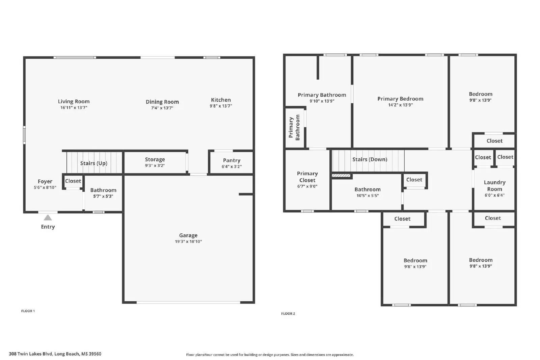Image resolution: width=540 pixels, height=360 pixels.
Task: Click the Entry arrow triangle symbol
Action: (x=48, y=218)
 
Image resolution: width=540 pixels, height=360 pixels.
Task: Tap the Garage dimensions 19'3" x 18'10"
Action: (x=188, y=241)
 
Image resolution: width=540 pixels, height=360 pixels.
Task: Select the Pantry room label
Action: (x=232, y=160)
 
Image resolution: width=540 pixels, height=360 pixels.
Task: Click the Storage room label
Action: (x=155, y=159)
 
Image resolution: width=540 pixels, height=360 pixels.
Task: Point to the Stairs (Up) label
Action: (x=94, y=163)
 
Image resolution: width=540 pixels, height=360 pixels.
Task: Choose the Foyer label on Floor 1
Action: (x=45, y=181)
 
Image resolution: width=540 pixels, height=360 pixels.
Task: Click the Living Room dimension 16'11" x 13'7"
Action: (x=74, y=108)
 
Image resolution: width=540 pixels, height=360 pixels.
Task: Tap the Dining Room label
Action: (x=162, y=102)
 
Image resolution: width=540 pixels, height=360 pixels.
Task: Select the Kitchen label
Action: (x=221, y=100)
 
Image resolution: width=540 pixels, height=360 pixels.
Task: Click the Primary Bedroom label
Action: (x=400, y=99)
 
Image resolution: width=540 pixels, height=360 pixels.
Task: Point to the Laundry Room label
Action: (x=494, y=185)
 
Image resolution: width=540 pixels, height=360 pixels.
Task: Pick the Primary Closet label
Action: (x=307, y=177)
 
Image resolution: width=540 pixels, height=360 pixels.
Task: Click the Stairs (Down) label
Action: (x=370, y=159)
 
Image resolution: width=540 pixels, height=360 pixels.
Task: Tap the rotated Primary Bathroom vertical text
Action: (x=294, y=128)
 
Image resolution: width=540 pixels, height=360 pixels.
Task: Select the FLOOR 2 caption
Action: (x=288, y=314)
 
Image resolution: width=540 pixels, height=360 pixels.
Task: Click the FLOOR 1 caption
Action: (x=28, y=311)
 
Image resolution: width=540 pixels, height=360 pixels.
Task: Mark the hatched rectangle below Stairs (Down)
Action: (x=341, y=176)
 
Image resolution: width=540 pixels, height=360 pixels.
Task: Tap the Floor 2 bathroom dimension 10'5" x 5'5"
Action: (x=368, y=196)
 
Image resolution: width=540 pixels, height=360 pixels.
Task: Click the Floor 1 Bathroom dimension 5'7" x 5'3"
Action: (x=103, y=196)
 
